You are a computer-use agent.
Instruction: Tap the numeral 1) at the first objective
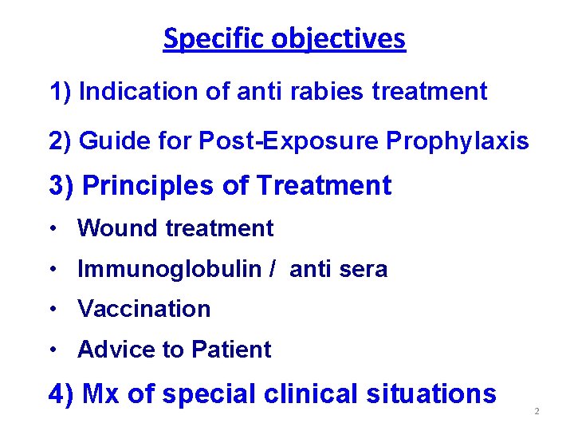pyautogui.click(x=61, y=92)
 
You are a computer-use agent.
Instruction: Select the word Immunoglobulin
pyautogui.click(x=169, y=270)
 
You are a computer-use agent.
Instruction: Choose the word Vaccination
pyautogui.click(x=143, y=309)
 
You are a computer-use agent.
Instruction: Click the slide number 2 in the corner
pyautogui.click(x=537, y=411)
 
